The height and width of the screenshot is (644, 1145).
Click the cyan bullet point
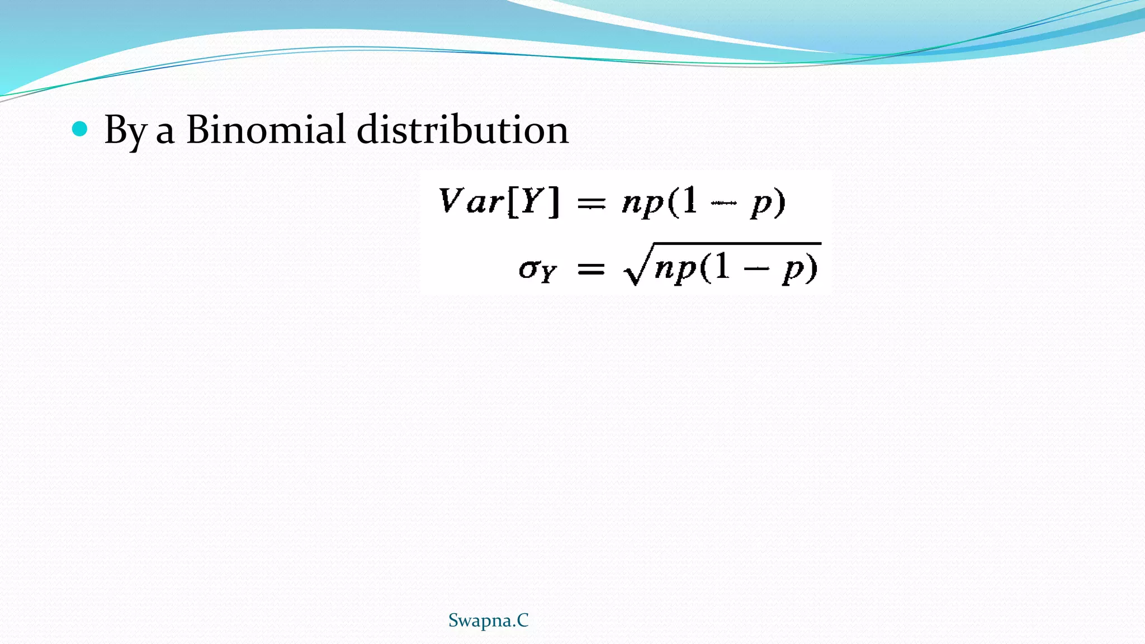(x=80, y=129)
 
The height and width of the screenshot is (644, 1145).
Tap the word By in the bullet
(x=125, y=131)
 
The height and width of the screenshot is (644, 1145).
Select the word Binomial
(x=266, y=129)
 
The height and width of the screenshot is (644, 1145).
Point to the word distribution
(x=462, y=129)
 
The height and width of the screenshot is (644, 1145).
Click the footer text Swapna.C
(x=488, y=621)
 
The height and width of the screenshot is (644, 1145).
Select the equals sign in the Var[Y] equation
(x=591, y=203)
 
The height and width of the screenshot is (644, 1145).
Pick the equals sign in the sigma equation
(x=591, y=270)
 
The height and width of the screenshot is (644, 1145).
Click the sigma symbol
(x=529, y=269)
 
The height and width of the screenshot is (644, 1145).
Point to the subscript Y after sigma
(x=548, y=274)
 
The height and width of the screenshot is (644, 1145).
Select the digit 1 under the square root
(x=722, y=266)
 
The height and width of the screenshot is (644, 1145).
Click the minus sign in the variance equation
(x=724, y=203)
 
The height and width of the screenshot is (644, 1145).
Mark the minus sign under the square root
(x=756, y=269)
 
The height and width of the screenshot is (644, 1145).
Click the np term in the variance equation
(x=643, y=203)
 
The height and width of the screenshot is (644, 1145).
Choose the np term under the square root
(x=675, y=270)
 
